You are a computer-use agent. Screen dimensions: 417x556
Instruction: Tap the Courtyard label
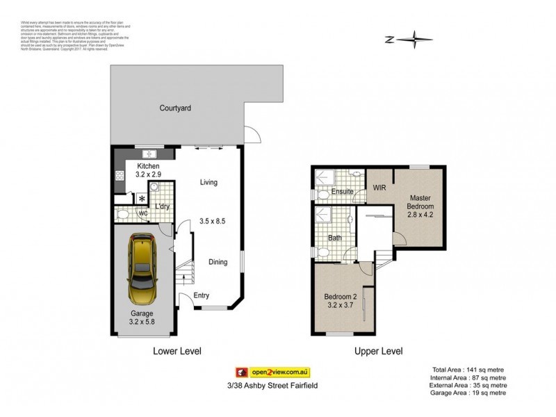[x=175, y=108]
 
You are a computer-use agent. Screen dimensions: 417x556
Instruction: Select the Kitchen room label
[x=148, y=167]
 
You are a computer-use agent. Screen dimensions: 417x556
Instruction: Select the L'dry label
[x=163, y=207]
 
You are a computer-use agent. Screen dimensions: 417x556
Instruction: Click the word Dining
[x=219, y=262]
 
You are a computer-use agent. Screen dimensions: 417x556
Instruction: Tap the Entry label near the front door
[x=202, y=295]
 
